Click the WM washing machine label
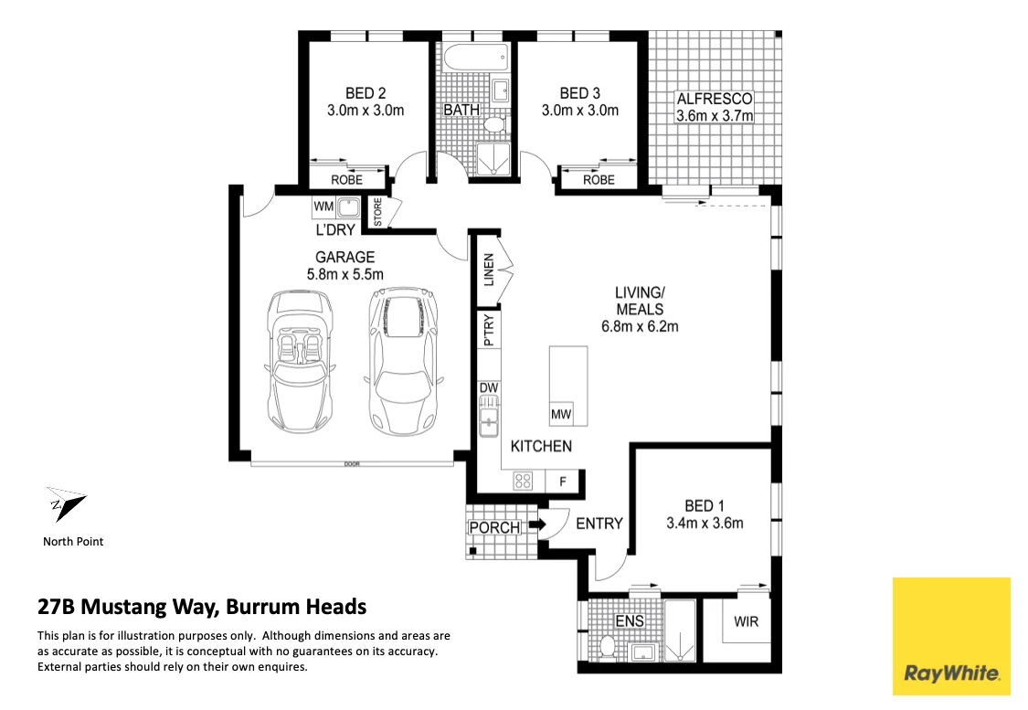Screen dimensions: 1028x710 pyautogui.click(x=323, y=207)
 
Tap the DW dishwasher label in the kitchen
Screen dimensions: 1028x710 pyautogui.click(x=489, y=388)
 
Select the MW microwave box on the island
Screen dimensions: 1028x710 pyautogui.click(x=561, y=413)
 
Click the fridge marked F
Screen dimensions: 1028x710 pyautogui.click(x=562, y=482)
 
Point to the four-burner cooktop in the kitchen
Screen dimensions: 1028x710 pyautogui.click(x=524, y=482)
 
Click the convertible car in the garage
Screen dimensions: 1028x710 pyautogui.click(x=301, y=362)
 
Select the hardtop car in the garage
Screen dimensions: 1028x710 pyautogui.click(x=403, y=361)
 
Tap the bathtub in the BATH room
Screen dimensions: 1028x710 pyautogui.click(x=475, y=59)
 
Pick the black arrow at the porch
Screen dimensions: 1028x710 pyautogui.click(x=537, y=525)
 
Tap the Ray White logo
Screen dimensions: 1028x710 pyautogui.click(x=951, y=636)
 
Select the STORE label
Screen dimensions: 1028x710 pyautogui.click(x=377, y=212)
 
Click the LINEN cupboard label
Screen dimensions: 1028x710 pyautogui.click(x=489, y=270)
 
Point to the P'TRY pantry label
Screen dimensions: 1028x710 pyautogui.click(x=489, y=330)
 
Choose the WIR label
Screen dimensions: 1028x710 pyautogui.click(x=746, y=621)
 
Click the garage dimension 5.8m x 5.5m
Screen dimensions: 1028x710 pyautogui.click(x=344, y=275)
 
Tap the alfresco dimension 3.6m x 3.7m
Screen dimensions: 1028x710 pyautogui.click(x=715, y=116)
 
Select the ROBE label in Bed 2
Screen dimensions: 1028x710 pyautogui.click(x=347, y=180)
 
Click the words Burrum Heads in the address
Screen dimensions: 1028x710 pyautogui.click(x=296, y=607)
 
